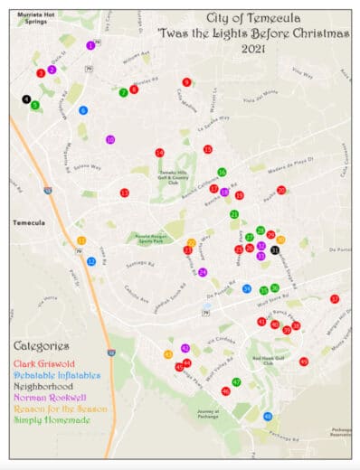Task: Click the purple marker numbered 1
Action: coord(90,45)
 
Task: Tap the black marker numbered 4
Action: coord(26,99)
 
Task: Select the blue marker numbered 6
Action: coord(83,110)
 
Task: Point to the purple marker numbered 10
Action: coord(110,140)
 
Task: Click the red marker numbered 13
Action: coord(124,193)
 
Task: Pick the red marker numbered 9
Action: coord(186,82)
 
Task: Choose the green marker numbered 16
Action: coord(222,172)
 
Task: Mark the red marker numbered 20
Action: coord(281,190)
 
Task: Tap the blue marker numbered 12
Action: coord(91,261)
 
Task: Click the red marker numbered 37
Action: coord(335,298)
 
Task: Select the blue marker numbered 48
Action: coord(267,416)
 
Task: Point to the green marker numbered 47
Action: coord(236,381)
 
